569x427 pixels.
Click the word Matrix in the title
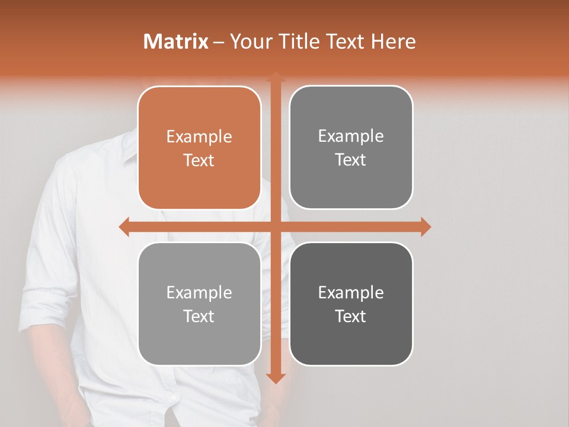(x=176, y=42)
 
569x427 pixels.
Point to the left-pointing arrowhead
(x=124, y=227)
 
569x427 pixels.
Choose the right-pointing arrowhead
(x=426, y=227)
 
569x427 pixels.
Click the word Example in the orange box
(x=199, y=137)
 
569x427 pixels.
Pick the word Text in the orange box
(x=199, y=161)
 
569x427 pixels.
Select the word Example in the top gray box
(x=351, y=136)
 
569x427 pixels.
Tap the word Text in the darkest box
(x=351, y=316)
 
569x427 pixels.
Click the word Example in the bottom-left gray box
(x=199, y=292)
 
